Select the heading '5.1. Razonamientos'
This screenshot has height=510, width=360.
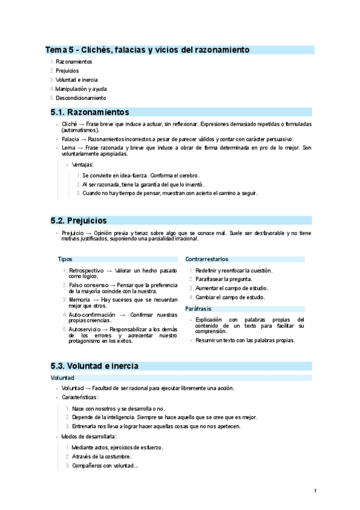90,112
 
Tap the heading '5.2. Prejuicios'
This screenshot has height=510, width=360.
79,221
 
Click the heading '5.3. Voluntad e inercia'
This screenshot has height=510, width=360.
95,365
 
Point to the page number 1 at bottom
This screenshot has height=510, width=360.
315,491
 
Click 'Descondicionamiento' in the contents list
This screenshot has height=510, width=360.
81,97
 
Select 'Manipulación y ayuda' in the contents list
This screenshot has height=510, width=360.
81,88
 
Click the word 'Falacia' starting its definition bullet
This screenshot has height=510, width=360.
70,138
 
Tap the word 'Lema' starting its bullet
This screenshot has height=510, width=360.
68,147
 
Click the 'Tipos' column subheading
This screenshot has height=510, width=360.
65,259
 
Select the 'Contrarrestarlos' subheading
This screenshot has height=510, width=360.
207,259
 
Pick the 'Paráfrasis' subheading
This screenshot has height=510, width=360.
199,309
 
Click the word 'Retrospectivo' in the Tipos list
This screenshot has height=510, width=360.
87,271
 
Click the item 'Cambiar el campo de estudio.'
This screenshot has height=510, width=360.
230,297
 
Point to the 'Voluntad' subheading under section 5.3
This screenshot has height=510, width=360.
63,378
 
